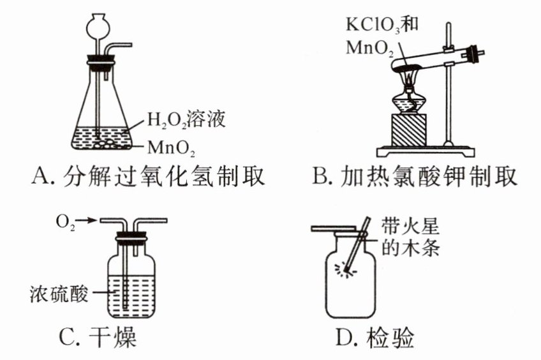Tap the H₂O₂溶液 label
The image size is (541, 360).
186,119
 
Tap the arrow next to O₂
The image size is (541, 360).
88,220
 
